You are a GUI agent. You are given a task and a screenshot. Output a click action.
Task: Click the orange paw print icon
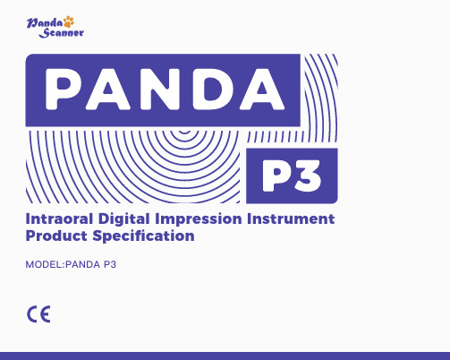pos(69,21)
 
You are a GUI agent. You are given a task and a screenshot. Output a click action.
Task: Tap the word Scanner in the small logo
pos(62,33)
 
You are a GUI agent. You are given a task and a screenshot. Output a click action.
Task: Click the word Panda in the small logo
pos(45,23)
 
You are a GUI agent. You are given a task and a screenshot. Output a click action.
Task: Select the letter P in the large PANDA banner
pos(62,89)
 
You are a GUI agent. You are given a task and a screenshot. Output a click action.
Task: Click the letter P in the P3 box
pos(276,176)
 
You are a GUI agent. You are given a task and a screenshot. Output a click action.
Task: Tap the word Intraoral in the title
pos(59,219)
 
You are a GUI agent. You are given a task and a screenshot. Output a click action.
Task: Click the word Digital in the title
pos(124,219)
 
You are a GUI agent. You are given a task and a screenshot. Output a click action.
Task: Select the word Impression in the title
pos(199,219)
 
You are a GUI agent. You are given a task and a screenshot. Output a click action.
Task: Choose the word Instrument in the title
pos(291,219)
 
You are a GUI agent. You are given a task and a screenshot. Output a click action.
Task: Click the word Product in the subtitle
pos(56,236)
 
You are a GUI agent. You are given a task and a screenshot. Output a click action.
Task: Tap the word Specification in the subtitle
pos(143,236)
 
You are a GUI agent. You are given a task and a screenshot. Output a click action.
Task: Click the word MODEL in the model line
pos(44,264)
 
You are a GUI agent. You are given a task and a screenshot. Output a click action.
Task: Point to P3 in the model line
pos(110,264)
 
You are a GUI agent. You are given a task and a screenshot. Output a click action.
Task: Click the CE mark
pos(38,314)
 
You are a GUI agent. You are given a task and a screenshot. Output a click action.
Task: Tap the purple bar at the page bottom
pos(225,356)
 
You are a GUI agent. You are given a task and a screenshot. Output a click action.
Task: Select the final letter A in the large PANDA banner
pos(261,89)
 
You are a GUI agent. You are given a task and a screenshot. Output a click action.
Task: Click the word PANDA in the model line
pos(82,264)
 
